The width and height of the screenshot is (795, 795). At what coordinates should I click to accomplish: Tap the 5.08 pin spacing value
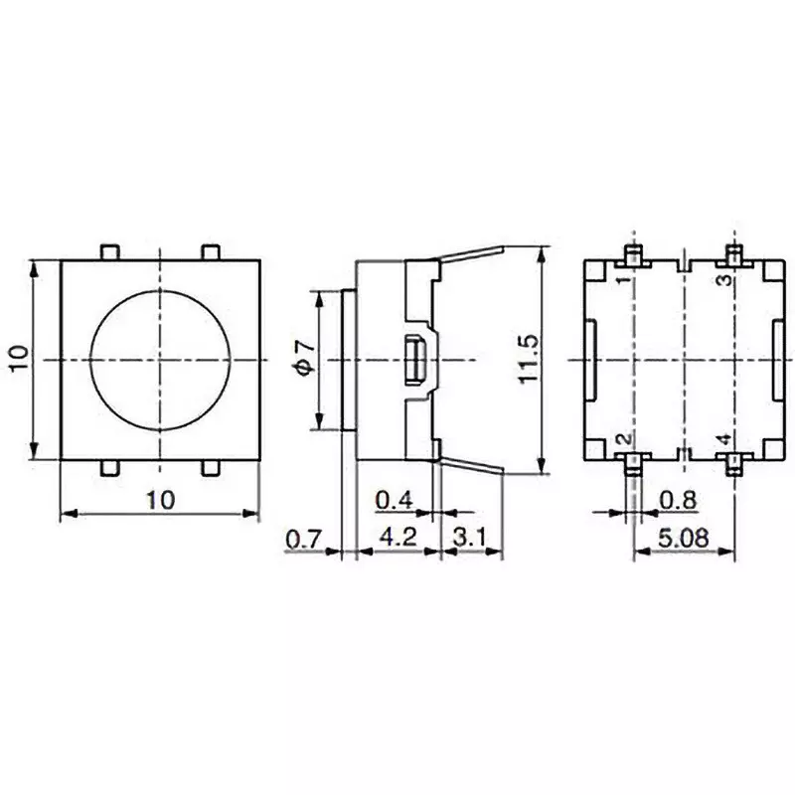[683, 540]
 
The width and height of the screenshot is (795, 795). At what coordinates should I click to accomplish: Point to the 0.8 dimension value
[678, 499]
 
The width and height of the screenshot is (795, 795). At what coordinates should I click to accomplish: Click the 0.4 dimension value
[395, 499]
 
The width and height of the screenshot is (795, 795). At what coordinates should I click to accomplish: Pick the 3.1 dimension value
[470, 540]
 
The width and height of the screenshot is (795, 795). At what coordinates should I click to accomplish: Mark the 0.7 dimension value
[304, 540]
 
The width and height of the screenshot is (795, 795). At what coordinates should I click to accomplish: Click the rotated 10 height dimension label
[21, 359]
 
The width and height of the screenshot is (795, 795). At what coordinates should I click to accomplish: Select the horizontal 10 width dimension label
[160, 500]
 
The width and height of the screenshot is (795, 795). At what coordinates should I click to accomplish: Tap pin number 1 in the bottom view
[622, 281]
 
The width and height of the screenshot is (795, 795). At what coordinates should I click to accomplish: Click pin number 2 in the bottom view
[622, 439]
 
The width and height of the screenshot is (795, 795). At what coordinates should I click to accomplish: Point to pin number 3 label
[725, 281]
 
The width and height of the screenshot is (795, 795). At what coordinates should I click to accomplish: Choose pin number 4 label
[725, 439]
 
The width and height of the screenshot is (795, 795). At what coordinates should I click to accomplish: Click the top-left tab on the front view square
[110, 252]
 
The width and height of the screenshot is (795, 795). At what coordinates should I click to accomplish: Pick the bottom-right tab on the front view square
[210, 466]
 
